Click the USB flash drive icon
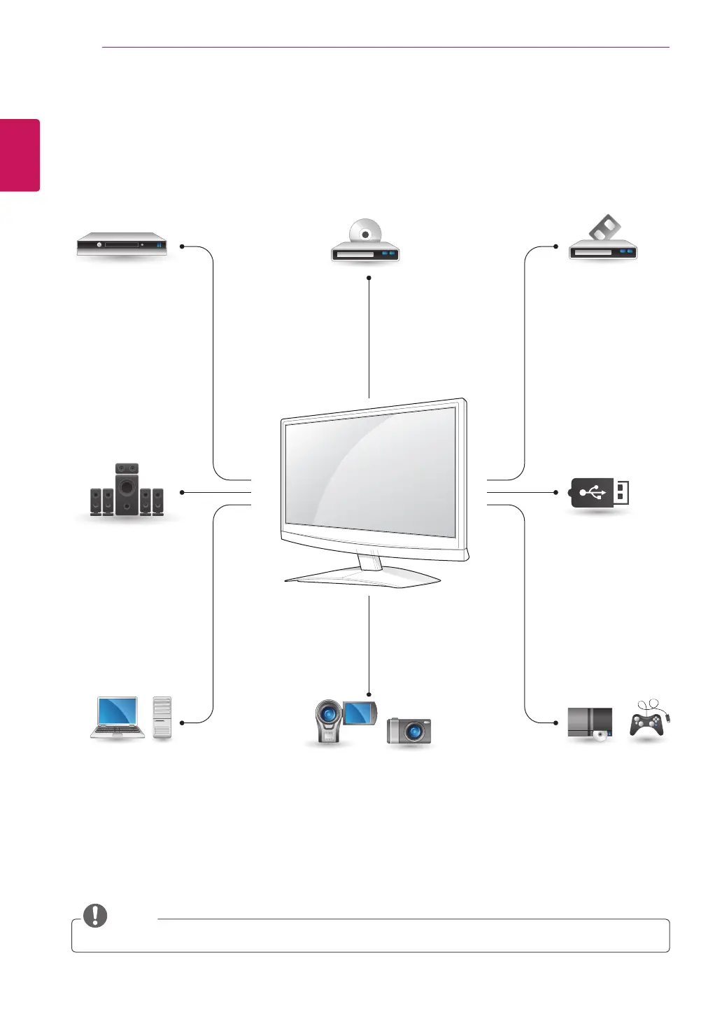pos(601,493)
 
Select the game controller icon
pos(648,722)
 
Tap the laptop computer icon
pos(118,718)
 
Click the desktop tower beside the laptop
pos(162,718)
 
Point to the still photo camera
pos(409,731)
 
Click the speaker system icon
pos(127,490)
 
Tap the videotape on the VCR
pos(604,228)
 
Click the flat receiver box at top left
pos(122,245)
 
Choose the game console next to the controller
pos(590,723)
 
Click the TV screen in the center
pos(371,472)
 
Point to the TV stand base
pos(362,576)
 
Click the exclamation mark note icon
pos(95,915)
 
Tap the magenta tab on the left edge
pos(20,155)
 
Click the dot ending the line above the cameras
pos(369,694)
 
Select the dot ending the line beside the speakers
pos(182,492)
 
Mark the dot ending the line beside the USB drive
pos(555,492)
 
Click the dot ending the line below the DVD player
pos(369,278)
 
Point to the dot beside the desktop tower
pos(182,722)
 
